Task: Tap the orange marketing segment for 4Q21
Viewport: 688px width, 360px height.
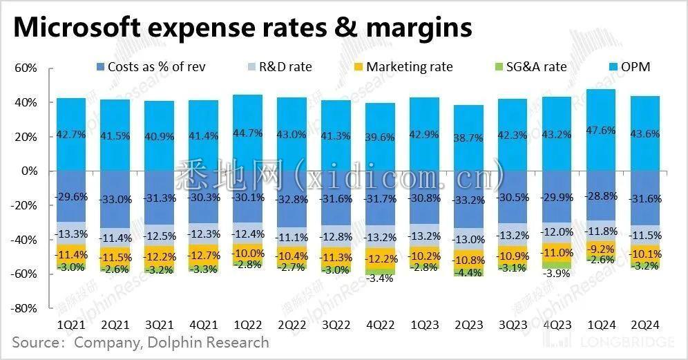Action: [x=203, y=254]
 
